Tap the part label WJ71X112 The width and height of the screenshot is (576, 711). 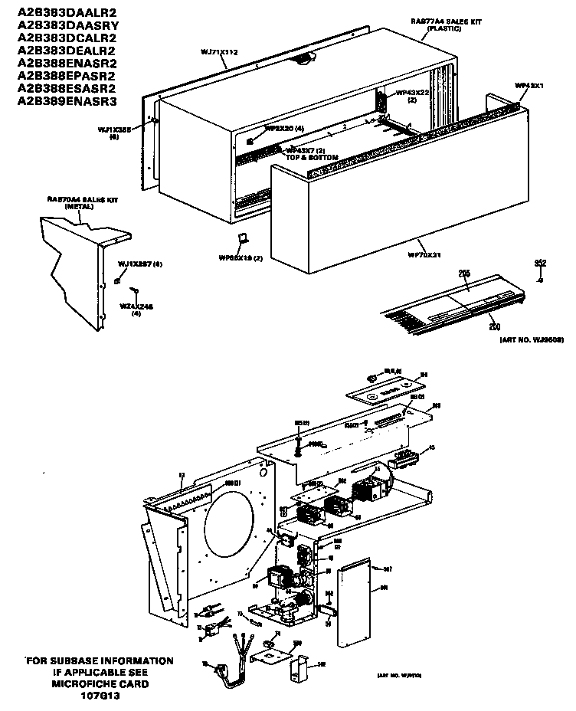pyautogui.click(x=219, y=52)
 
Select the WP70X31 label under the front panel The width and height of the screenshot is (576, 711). pyautogui.click(x=426, y=254)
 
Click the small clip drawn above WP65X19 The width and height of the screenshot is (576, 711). pyautogui.click(x=241, y=239)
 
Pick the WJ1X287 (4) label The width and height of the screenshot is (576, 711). pyautogui.click(x=140, y=264)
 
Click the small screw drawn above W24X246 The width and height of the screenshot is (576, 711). pyautogui.click(x=135, y=290)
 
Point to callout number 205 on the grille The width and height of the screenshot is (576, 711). pyautogui.click(x=463, y=274)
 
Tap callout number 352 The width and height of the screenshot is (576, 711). pyautogui.click(x=540, y=264)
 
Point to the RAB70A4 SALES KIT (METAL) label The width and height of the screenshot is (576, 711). pyautogui.click(x=75, y=202)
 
